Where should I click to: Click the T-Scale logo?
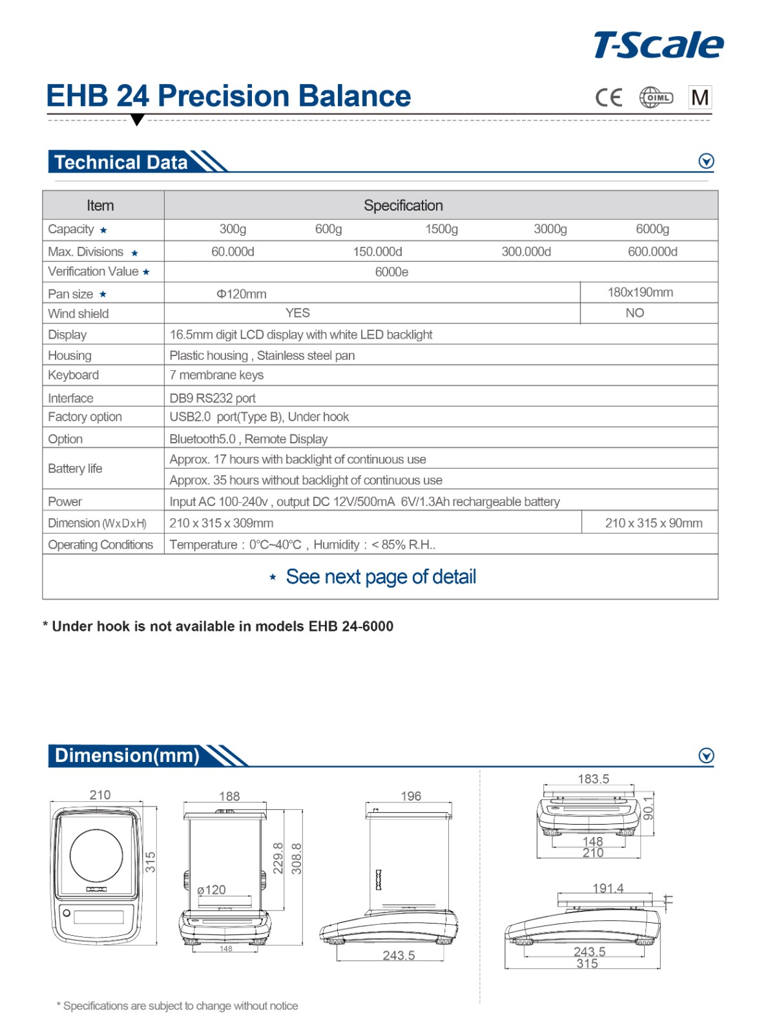click(658, 45)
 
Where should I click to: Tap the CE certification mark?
click(609, 98)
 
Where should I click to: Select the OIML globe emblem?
click(656, 98)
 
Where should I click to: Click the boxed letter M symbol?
click(700, 98)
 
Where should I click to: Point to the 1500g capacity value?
click(441, 229)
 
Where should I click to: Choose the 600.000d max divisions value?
click(652, 251)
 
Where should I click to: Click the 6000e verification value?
click(391, 272)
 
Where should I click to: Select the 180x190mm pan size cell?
click(640, 292)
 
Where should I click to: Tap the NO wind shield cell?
click(634, 313)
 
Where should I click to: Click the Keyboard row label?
click(74, 375)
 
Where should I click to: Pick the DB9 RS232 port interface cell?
click(213, 398)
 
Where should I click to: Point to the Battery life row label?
click(75, 469)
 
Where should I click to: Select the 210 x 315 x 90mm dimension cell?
click(653, 523)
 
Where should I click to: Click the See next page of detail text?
click(380, 576)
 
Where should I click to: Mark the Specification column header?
click(403, 206)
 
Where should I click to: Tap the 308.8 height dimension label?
click(297, 858)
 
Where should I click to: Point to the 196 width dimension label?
click(411, 796)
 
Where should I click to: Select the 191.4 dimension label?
click(608, 888)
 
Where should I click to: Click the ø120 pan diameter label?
click(212, 890)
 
